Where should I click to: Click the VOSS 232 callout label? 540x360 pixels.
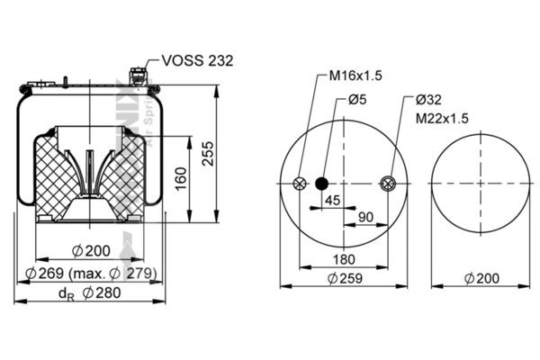tap(197, 60)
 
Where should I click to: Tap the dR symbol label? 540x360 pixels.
tap(65, 294)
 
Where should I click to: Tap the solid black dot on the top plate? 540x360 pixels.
tap(321, 184)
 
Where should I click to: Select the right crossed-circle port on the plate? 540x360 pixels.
tap(389, 184)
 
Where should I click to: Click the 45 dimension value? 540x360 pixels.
tap(332, 200)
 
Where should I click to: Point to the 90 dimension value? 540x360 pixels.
tap(366, 217)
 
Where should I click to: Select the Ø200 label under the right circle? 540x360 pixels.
tap(481, 279)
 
